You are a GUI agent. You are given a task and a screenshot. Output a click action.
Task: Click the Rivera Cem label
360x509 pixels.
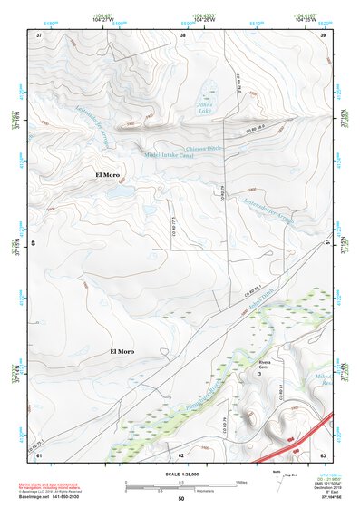(266, 363)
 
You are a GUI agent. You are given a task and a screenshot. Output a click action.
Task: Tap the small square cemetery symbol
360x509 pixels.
(262, 372)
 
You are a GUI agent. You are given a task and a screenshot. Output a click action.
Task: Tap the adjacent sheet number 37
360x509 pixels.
(39, 35)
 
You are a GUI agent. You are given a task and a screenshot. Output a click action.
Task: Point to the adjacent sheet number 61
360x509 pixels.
(39, 455)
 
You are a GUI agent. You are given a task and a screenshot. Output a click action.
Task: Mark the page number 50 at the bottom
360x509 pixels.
(180, 498)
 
